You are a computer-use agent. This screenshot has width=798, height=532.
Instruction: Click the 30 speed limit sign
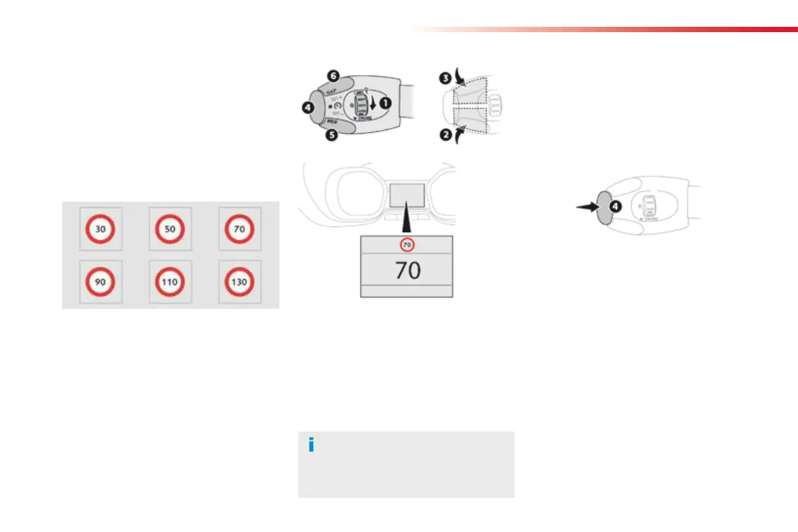point(101,229)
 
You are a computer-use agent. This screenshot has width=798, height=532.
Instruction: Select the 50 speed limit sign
point(170,229)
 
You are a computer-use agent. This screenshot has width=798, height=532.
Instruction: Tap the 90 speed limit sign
point(101,282)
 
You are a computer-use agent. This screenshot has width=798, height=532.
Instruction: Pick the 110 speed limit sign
point(170,282)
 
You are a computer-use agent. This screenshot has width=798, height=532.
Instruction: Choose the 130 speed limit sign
point(239,282)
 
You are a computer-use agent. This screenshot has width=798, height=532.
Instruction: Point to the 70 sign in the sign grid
point(239,229)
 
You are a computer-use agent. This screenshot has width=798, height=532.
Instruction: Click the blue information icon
point(311,446)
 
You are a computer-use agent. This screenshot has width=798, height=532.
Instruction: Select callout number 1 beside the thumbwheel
point(385,103)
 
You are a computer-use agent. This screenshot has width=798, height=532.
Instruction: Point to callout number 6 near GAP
point(333,76)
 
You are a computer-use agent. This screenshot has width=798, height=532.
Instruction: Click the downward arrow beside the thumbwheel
point(373,105)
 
